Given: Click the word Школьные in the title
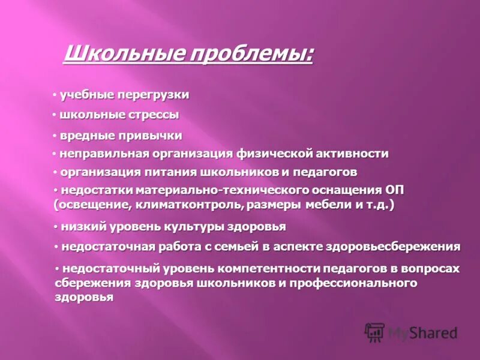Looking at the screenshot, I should [x=112, y=55].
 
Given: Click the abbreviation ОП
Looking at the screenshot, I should [x=394, y=191].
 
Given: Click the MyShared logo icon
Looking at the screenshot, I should [x=375, y=332].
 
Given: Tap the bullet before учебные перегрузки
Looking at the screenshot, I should [x=54, y=95].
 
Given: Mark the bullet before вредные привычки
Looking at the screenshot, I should [x=54, y=136].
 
